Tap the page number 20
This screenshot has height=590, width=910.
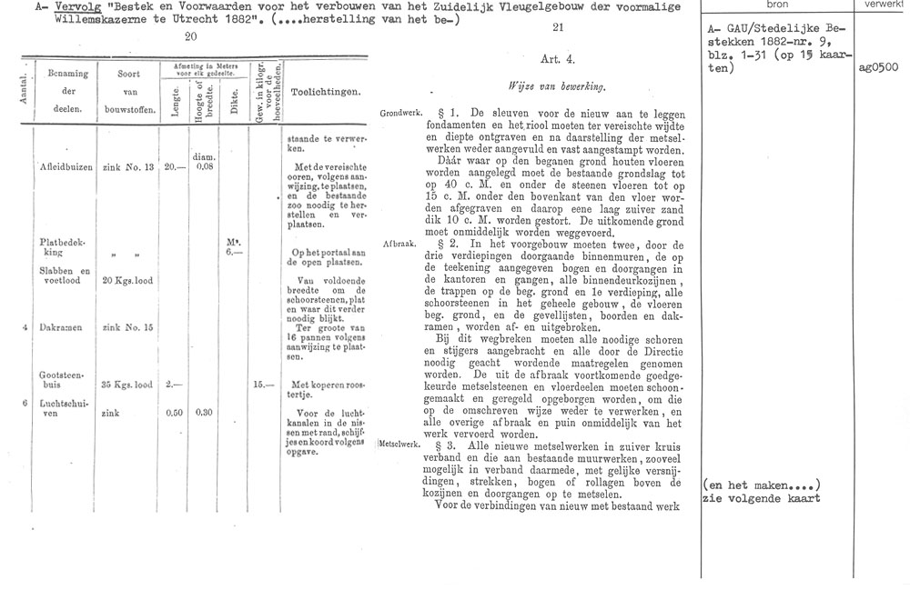[x=190, y=37]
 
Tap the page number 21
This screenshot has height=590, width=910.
[x=559, y=28]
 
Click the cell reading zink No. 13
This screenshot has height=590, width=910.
[x=127, y=168]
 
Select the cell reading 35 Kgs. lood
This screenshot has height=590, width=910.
[x=127, y=385]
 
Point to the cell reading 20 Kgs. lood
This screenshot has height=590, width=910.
[x=127, y=281]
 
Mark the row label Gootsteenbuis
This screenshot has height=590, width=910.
[x=62, y=379]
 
